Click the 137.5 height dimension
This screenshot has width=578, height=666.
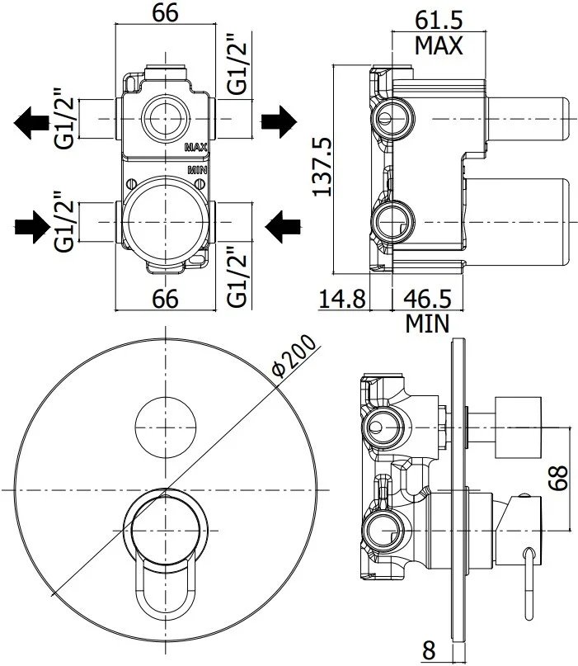322,167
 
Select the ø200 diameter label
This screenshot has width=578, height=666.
293,357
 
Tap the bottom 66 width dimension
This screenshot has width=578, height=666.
166,299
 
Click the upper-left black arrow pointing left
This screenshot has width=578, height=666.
32,123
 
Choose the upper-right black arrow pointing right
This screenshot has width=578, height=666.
279,122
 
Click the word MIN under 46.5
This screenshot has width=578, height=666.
427,324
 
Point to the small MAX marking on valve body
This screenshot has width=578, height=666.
195,148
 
